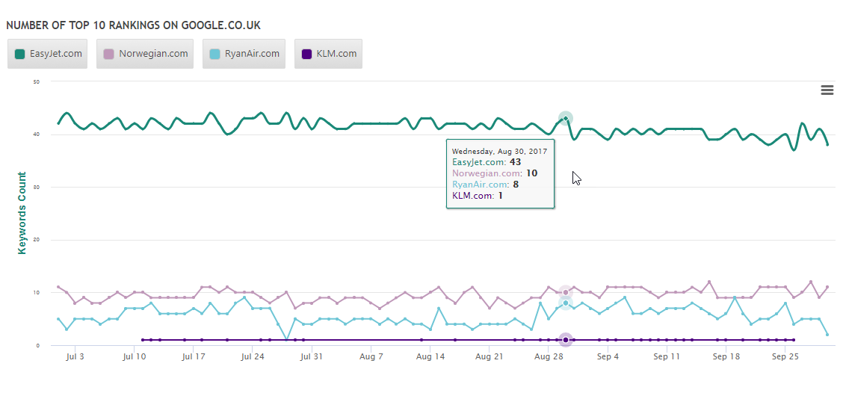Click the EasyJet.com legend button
pyautogui.click(x=48, y=54)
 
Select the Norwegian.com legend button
pyautogui.click(x=145, y=54)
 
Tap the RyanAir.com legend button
pyautogui.click(x=244, y=54)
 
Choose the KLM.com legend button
pyautogui.click(x=328, y=54)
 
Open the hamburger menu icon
pyautogui.click(x=827, y=90)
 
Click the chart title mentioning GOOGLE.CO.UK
pyautogui.click(x=133, y=25)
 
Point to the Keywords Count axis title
pyautogui.click(x=22, y=213)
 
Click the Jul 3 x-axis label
pyautogui.click(x=75, y=357)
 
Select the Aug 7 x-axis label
pyautogui.click(x=371, y=357)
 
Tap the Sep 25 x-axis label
pyautogui.click(x=785, y=357)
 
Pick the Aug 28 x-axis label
pyautogui.click(x=549, y=357)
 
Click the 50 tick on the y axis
pyautogui.click(x=36, y=81)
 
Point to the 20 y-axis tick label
pyautogui.click(x=36, y=240)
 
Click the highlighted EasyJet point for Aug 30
pyautogui.click(x=566, y=118)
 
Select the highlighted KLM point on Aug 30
pyautogui.click(x=566, y=340)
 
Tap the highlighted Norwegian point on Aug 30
pyautogui.click(x=566, y=292)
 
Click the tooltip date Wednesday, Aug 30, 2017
pyautogui.click(x=499, y=151)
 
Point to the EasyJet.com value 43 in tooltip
pyautogui.click(x=515, y=162)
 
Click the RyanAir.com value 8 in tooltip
pyautogui.click(x=516, y=185)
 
